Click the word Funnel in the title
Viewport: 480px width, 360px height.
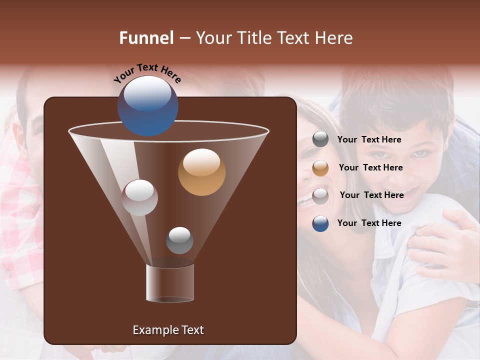[146, 38]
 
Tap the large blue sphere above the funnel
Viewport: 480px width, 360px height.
[147, 105]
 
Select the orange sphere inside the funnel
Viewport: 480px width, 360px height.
[201, 172]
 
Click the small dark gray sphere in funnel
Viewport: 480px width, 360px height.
[179, 240]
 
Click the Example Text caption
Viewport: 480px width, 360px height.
[168, 330]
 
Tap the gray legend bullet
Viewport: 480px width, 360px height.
[320, 139]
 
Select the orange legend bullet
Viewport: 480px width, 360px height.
[320, 168]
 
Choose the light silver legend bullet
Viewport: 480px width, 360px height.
[320, 195]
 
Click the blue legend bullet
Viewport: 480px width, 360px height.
[320, 223]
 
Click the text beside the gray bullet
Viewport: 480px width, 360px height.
[369, 139]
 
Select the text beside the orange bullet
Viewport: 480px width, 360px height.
[370, 167]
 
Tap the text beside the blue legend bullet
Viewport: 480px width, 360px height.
[369, 223]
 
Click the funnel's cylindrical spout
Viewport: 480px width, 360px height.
[169, 283]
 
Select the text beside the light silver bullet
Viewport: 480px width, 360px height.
[371, 195]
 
